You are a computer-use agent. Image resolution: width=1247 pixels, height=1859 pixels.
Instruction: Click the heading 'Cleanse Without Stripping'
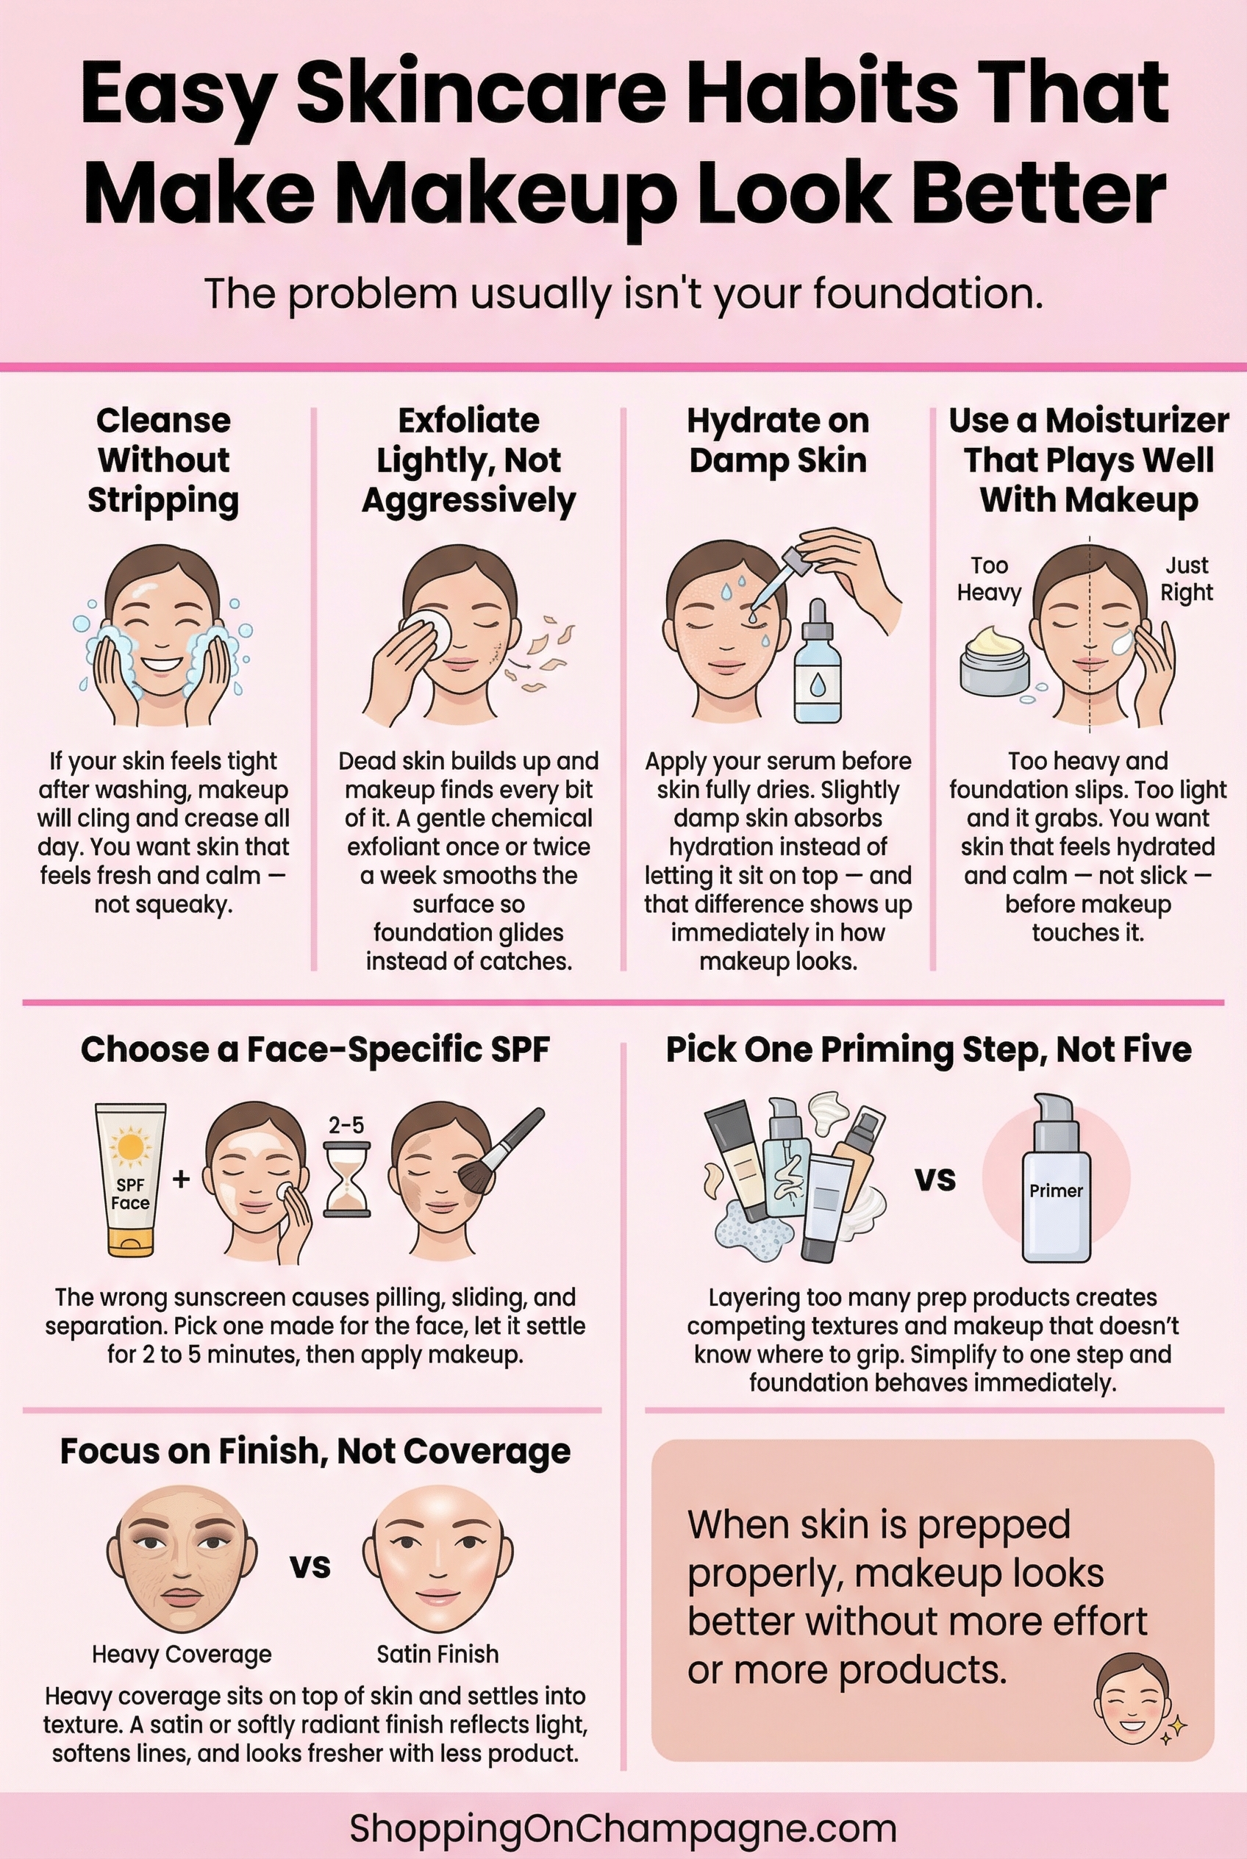tap(163, 460)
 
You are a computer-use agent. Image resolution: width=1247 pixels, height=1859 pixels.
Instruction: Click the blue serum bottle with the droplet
tap(818, 664)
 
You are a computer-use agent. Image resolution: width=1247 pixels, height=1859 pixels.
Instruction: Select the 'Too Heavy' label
tap(988, 578)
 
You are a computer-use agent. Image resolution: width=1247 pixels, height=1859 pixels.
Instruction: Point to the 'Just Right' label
tap(1187, 578)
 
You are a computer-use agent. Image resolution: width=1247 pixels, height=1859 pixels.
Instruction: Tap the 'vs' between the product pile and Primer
tap(935, 1178)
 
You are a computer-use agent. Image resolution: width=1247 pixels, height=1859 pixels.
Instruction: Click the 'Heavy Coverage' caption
tap(182, 1655)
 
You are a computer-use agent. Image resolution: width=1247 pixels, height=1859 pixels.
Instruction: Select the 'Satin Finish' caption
tap(437, 1655)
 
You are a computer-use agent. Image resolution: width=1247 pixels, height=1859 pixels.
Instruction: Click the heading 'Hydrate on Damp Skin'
tap(778, 440)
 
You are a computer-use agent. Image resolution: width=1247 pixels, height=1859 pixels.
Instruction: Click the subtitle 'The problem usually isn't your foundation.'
tap(623, 293)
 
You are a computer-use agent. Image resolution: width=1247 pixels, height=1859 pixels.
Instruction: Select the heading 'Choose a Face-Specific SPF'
tap(315, 1049)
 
